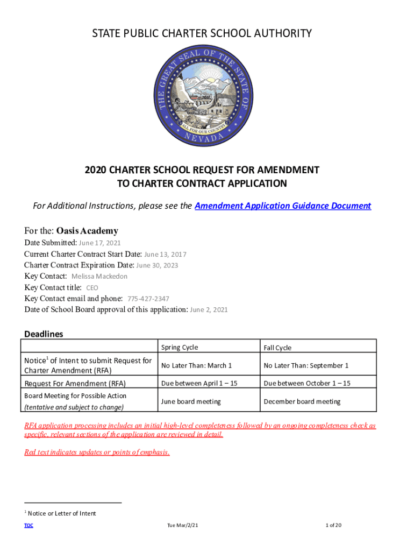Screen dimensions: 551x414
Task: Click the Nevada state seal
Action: click(202, 96)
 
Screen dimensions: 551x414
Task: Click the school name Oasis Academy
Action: click(87, 231)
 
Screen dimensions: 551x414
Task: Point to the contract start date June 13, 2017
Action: click(165, 255)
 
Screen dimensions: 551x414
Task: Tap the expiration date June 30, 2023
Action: click(157, 265)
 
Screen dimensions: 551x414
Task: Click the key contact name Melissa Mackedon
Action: click(99, 277)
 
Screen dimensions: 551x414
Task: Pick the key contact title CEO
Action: click(92, 288)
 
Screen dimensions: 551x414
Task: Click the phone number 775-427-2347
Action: click(148, 299)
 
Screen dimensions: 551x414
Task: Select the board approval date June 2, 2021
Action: click(209, 310)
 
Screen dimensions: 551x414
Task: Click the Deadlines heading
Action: click(44, 334)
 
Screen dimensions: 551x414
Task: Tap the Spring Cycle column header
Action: click(179, 348)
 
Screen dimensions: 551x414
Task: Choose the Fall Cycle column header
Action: click(277, 348)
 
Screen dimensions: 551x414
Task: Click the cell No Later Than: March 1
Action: click(196, 366)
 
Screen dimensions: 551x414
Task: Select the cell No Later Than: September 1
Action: click(305, 366)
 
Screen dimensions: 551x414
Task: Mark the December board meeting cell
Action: click(302, 401)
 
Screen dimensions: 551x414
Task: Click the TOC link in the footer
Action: click(28, 525)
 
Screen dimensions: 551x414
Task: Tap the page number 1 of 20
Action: click(333, 525)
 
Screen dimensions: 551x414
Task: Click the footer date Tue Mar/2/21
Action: click(185, 525)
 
